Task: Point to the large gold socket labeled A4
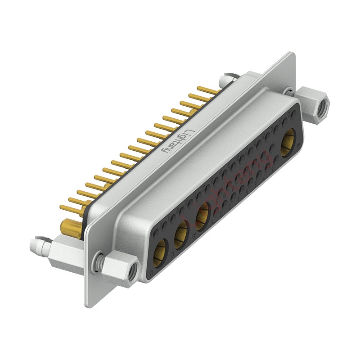pos(288,140)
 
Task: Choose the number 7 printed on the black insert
pos(264,177)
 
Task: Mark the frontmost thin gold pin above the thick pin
pos(67,208)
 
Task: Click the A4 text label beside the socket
pos(298,145)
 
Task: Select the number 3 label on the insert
pos(229,207)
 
